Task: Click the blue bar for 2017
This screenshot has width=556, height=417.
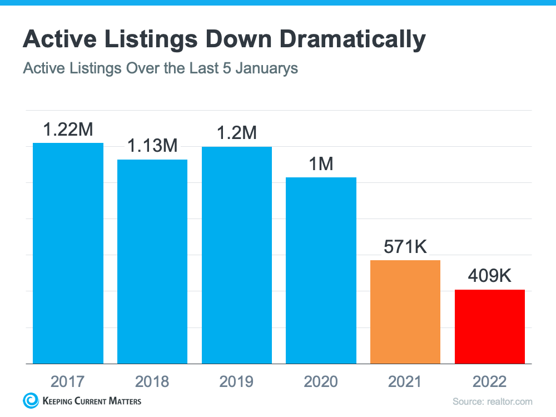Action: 68,253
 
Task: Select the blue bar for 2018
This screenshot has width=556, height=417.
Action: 152,261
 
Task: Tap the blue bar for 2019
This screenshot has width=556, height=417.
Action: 237,255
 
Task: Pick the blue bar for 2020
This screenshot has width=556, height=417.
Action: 321,270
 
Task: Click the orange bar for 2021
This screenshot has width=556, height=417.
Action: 405,312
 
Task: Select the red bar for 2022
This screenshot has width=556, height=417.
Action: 490,326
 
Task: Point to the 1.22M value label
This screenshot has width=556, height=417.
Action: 68,130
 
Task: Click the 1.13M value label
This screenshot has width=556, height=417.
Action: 152,146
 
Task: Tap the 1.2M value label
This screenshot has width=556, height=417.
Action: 237,133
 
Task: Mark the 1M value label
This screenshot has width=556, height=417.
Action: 321,164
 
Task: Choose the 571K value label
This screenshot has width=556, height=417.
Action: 405,247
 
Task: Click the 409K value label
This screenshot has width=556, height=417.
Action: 490,276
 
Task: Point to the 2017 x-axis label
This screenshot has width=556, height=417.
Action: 68,381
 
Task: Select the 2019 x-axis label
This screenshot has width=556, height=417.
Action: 237,381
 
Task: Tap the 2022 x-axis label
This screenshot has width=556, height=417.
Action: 490,381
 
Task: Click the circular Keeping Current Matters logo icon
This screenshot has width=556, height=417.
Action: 30,400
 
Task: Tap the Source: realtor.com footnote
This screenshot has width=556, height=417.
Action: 492,401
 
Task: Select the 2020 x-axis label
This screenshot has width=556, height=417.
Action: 321,381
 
